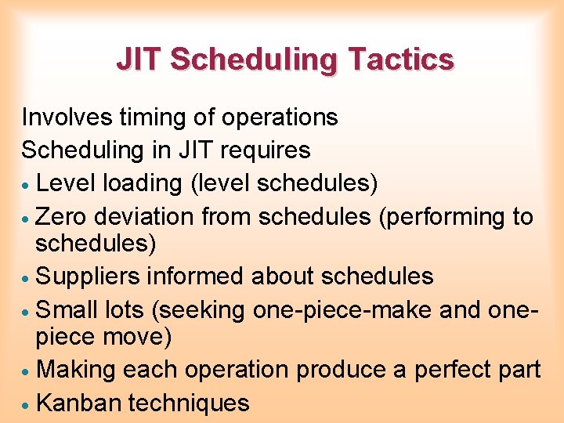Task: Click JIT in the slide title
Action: (x=139, y=60)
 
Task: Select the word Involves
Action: (x=67, y=117)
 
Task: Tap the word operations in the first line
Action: (x=280, y=117)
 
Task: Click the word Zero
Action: (x=63, y=215)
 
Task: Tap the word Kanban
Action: (x=78, y=403)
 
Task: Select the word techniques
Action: (x=189, y=403)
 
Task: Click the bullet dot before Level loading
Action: (x=27, y=185)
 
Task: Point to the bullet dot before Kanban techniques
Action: (x=27, y=405)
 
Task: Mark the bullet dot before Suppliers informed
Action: (x=27, y=278)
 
